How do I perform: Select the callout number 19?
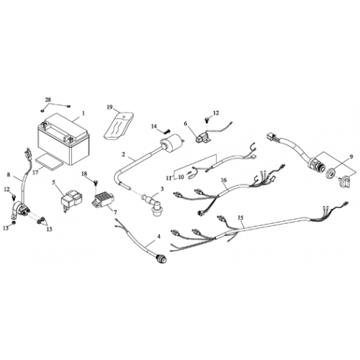point(110,107)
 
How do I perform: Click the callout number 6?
point(185,123)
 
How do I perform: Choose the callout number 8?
point(9,174)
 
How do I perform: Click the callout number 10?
point(181,174)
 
